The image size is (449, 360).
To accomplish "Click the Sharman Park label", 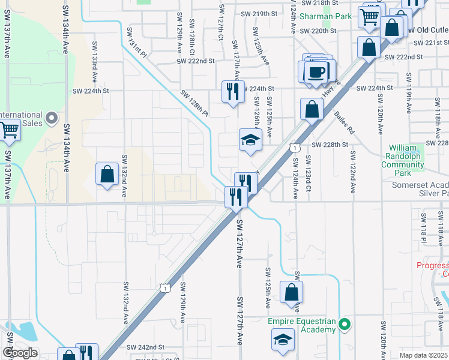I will (327, 17).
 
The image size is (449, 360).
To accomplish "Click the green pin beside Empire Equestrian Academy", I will (344, 325).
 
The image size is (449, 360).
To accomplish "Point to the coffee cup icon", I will (316, 71).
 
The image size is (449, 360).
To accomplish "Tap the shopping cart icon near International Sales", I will (9, 130).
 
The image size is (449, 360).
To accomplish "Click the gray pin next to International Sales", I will (52, 118).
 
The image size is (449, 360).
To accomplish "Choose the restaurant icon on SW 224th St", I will (232, 92).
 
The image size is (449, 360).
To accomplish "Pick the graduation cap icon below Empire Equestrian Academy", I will (283, 340).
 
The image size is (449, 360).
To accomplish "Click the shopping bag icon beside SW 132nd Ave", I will (107, 175).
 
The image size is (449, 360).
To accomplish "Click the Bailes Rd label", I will (345, 122).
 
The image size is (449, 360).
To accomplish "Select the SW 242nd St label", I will (145, 347).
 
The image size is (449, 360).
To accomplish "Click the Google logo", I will (19, 353).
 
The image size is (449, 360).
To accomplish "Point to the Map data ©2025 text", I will (424, 356).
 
